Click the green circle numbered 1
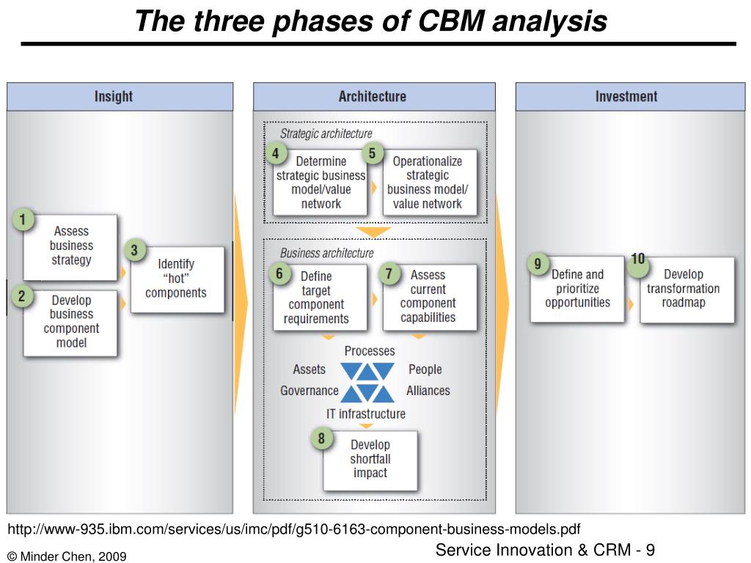(x=23, y=220)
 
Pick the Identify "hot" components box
(x=177, y=279)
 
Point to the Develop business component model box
(x=70, y=323)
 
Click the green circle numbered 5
(x=372, y=153)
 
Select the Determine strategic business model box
(x=320, y=183)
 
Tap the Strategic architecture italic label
(x=326, y=133)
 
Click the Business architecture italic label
(x=326, y=253)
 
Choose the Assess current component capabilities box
(x=430, y=297)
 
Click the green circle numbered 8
(x=321, y=438)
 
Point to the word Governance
(x=309, y=391)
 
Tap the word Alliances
(x=428, y=391)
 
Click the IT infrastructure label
(x=366, y=413)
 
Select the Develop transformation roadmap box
(x=687, y=290)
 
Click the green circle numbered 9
(x=538, y=264)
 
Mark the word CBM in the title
(x=451, y=21)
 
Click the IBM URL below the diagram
(x=294, y=529)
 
